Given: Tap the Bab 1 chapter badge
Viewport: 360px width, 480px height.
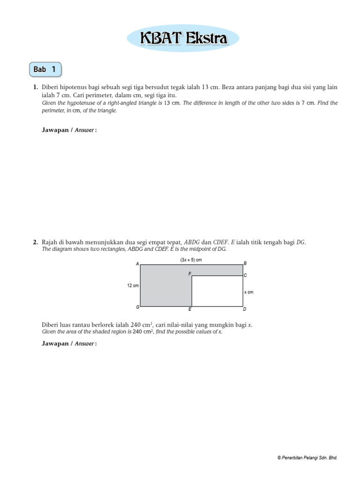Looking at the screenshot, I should pos(45,70).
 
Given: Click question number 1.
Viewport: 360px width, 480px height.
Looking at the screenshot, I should pos(35,88).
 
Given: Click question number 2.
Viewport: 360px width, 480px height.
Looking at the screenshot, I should pos(35,242).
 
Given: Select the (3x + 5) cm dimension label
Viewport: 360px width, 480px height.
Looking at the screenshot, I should pos(191,260).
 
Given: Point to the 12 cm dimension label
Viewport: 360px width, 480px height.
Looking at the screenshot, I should pos(132,285).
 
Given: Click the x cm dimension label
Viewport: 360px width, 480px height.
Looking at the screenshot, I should pos(248,292).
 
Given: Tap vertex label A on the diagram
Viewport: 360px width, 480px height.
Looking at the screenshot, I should pos(137,264).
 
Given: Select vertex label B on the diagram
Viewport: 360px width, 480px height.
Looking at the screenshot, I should pos(245,263).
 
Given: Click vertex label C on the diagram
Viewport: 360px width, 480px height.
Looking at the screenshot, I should pos(245,275).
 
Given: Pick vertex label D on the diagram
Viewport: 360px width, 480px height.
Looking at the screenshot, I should pos(245,309).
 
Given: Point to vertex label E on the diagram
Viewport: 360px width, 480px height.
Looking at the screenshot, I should pos(190,310).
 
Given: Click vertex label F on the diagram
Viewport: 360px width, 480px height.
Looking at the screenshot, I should pos(190,273).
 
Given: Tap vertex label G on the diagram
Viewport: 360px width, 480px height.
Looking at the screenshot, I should pos(137,307).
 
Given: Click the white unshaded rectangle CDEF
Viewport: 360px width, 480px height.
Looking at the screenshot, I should pos(217,291).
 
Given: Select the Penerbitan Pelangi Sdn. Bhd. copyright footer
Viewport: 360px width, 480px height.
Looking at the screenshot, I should pos(307,457).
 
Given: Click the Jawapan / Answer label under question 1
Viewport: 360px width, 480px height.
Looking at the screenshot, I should pos(69,130).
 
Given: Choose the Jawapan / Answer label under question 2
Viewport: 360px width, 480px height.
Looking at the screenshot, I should pos(69,344).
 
